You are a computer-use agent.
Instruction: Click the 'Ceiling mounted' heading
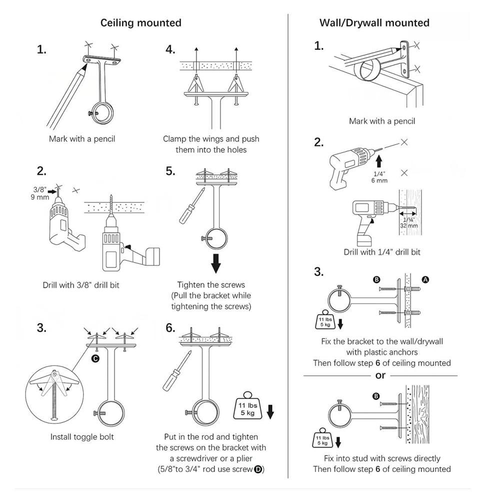(x=141, y=23)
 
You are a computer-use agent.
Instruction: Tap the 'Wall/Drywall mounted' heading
(x=374, y=23)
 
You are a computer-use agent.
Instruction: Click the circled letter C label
(x=95, y=358)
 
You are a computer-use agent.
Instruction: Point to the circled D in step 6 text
(x=258, y=469)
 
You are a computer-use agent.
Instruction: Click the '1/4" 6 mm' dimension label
(x=379, y=177)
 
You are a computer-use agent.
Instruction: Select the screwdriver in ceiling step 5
(x=186, y=206)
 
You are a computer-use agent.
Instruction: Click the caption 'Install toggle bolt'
(x=82, y=437)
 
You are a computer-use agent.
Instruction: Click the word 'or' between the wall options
(x=380, y=375)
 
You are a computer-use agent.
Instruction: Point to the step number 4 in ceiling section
(x=170, y=49)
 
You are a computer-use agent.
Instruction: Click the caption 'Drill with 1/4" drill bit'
(x=382, y=252)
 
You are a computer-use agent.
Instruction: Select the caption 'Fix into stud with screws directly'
(x=382, y=458)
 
